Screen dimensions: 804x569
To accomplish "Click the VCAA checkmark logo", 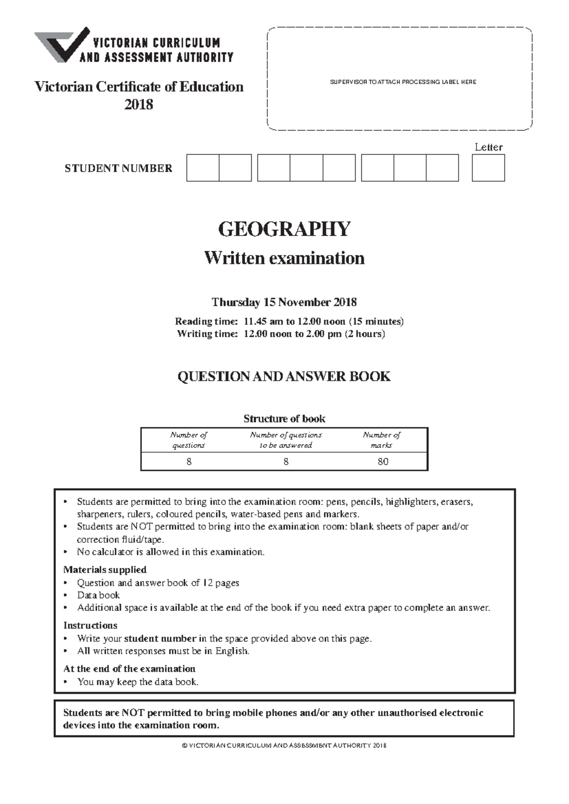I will tap(62, 45).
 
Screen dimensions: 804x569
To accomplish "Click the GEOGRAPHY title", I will tap(284, 229).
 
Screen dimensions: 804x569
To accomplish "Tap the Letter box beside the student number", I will tap(488, 168).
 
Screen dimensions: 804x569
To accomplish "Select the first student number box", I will tap(202, 168).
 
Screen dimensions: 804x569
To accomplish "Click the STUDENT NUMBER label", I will tap(119, 168).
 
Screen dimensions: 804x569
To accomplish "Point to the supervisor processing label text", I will tap(403, 82).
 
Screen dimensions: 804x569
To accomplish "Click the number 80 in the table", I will tap(383, 461).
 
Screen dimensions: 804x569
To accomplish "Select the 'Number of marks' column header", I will tap(381, 440).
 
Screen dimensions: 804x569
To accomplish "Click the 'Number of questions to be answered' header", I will tap(285, 440).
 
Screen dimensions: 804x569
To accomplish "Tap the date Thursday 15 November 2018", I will tap(284, 302).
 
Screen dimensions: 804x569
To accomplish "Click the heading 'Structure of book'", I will tap(284, 419).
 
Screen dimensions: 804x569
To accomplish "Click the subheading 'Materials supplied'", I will tap(105, 569).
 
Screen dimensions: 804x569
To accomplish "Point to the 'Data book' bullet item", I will tap(99, 595).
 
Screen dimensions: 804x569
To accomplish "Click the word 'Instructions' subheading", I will tap(90, 625).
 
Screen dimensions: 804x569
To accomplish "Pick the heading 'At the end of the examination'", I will tap(129, 668).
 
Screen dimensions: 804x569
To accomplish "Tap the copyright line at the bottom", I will tap(284, 745).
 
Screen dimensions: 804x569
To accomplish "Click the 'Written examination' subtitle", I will tap(284, 258).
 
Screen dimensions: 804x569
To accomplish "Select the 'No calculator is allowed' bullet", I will tap(171, 552).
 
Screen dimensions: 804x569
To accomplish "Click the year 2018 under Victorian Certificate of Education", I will tap(138, 104).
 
